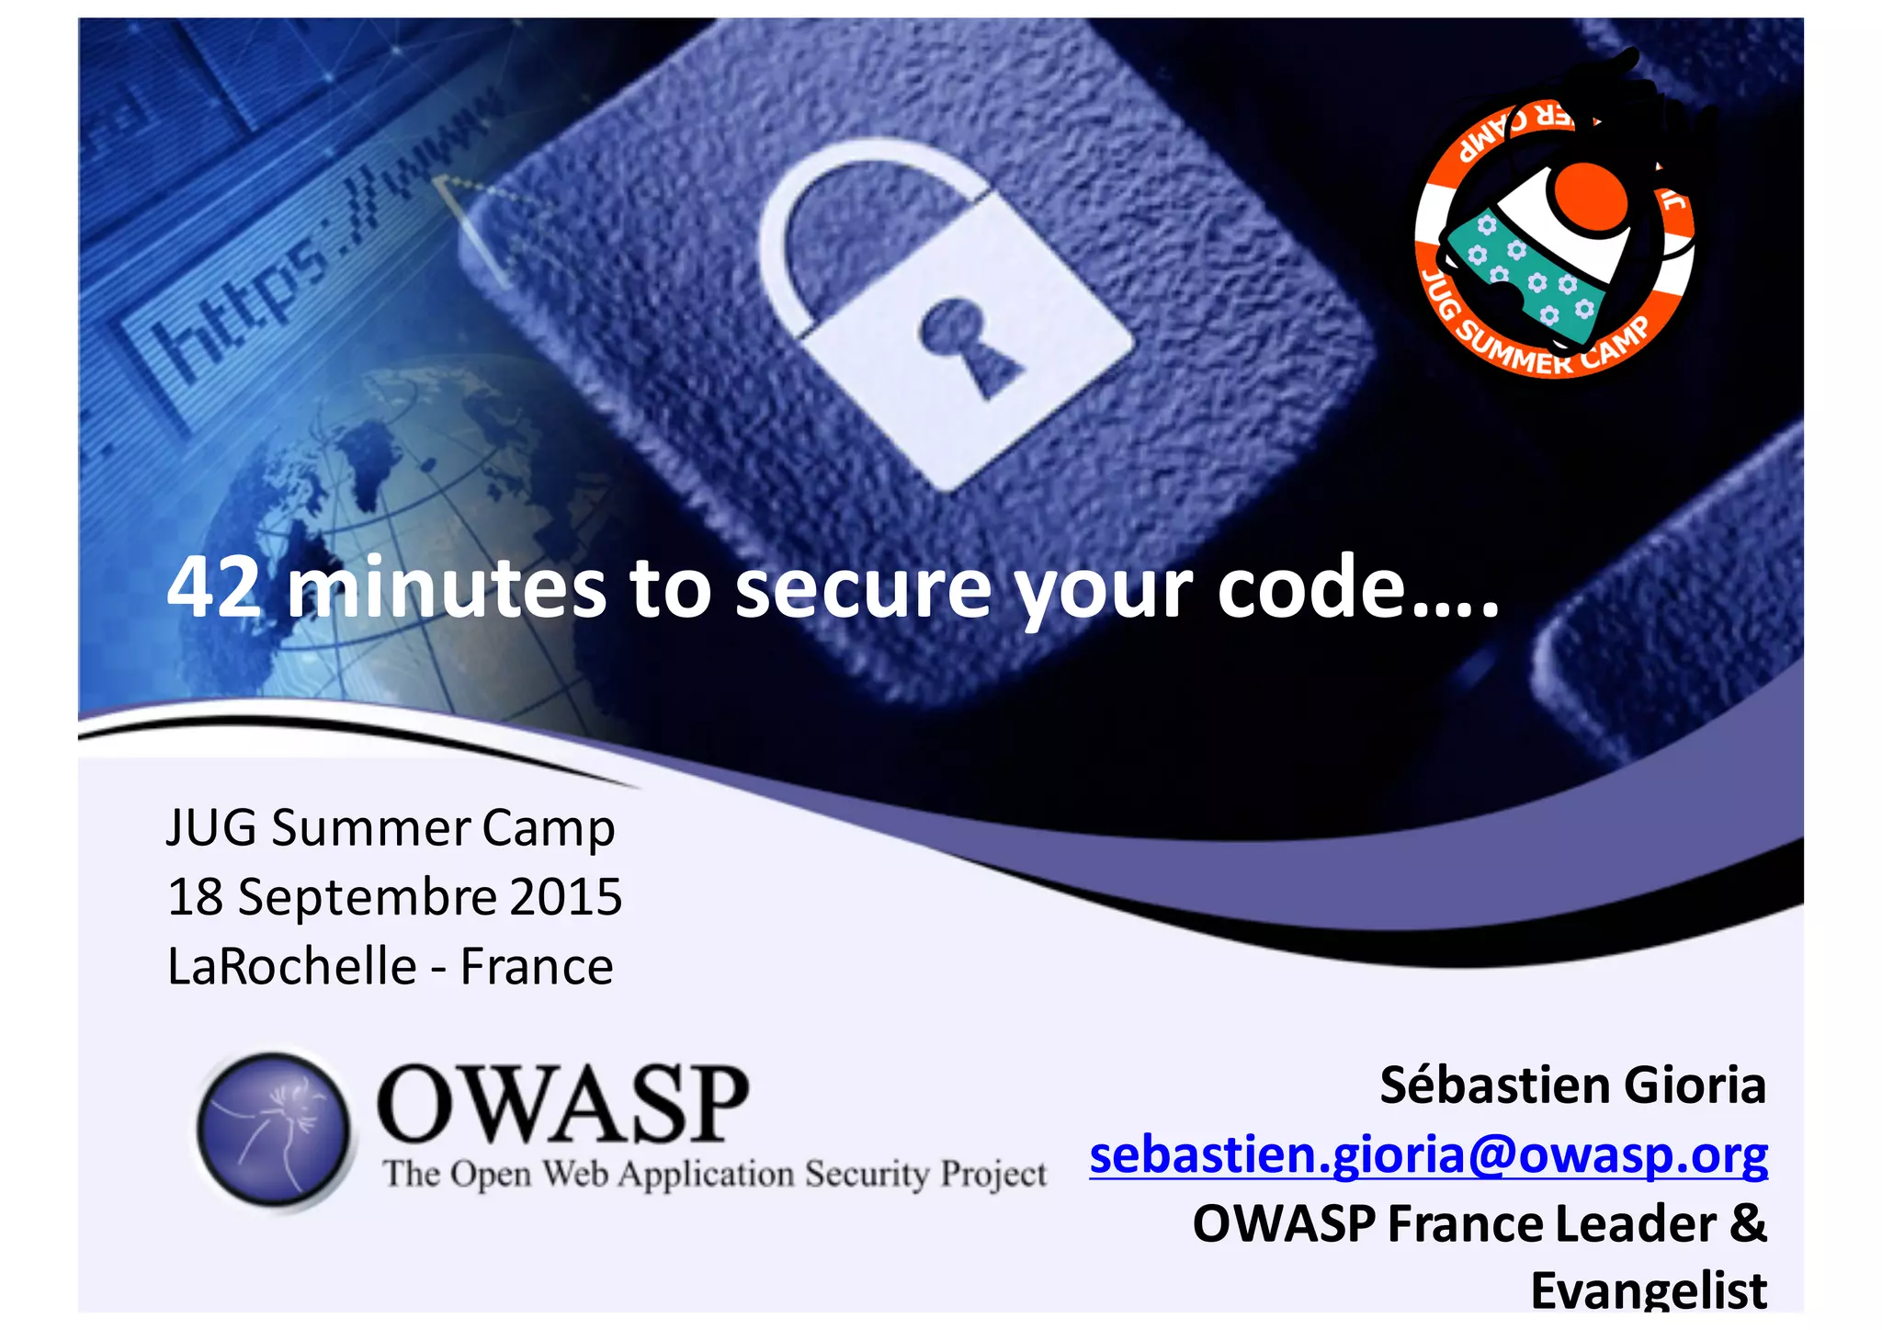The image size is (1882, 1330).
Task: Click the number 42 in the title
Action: [213, 588]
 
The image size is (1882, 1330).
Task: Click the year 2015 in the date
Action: [565, 897]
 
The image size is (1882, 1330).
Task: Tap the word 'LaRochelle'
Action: [292, 967]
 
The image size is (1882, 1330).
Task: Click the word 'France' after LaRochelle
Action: [537, 967]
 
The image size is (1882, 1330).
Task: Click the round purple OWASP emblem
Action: [274, 1130]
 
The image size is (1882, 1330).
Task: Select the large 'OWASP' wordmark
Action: [562, 1105]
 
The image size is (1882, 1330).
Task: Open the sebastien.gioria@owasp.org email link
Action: [1428, 1154]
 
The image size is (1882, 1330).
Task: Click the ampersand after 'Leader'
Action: [1748, 1224]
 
